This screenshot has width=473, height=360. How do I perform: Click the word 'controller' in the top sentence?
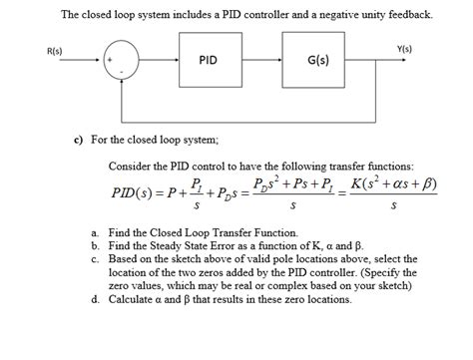[273, 15]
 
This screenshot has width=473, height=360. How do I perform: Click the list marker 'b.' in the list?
[93, 243]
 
